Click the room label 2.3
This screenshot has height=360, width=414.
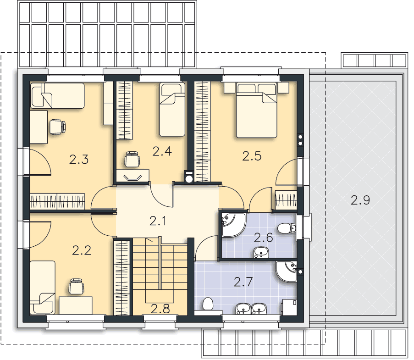[79, 160]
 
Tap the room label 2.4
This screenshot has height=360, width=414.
[162, 151]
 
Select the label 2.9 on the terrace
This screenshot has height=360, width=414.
[360, 200]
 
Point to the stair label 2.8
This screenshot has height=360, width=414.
[160, 309]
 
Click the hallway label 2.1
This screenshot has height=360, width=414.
[158, 221]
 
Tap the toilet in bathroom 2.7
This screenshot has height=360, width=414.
[208, 304]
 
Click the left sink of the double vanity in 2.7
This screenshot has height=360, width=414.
[243, 309]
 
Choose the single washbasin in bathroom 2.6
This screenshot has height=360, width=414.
[261, 253]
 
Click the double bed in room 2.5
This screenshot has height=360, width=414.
[257, 110]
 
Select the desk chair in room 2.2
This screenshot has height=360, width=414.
[77, 287]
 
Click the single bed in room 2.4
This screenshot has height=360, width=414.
[172, 109]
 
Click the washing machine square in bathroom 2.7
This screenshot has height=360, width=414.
[289, 307]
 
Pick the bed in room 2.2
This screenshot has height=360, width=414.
[43, 288]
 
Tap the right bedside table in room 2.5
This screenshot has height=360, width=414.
[283, 88]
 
